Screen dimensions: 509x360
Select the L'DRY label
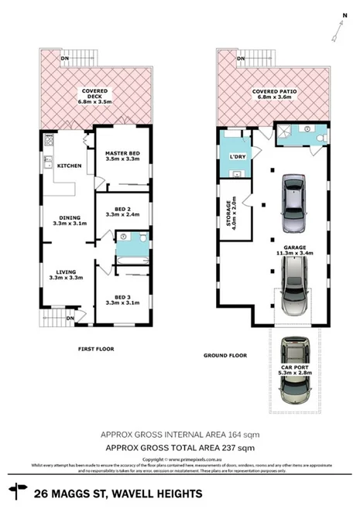pos(238,158)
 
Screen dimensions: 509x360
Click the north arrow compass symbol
pos(334,29)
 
